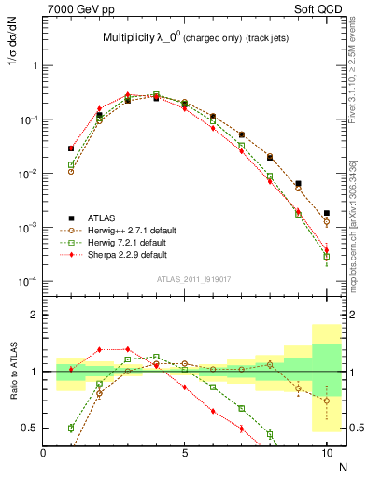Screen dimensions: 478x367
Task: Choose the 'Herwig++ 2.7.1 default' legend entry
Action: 127,229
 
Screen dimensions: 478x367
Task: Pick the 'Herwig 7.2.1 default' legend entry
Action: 124,242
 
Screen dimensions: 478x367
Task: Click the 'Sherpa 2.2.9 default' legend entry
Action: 124,254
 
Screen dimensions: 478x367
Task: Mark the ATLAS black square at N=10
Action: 326,213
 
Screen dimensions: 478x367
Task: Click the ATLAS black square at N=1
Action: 71,148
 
